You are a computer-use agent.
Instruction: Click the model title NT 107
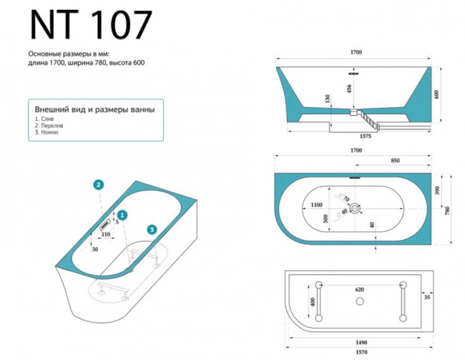(90, 26)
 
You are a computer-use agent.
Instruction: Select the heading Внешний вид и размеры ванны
(94, 110)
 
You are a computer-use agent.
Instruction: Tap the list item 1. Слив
(44, 119)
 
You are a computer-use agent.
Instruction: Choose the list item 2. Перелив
(47, 125)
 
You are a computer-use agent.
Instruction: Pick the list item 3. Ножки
(46, 132)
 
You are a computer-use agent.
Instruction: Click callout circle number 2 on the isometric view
(99, 185)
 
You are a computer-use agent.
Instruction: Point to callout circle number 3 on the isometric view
(152, 229)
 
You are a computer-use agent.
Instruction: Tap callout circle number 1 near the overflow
(122, 214)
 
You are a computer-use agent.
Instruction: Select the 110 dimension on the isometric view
(105, 234)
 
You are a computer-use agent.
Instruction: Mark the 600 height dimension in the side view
(436, 94)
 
